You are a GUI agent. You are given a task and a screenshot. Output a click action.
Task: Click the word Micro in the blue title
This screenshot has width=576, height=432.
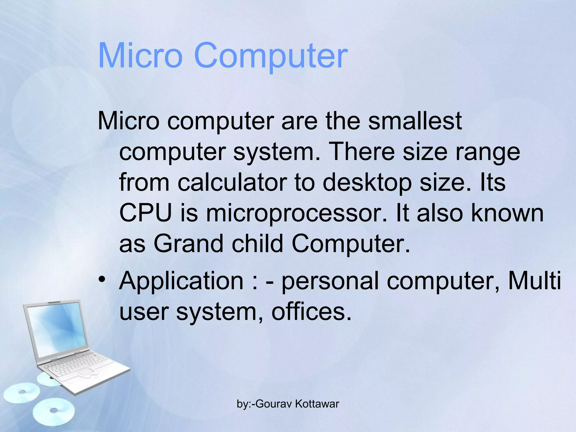pos(140,55)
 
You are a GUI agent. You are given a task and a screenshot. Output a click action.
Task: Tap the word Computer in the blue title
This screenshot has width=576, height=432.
pos(271,55)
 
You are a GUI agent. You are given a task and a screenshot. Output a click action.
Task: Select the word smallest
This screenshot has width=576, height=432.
pos(415,121)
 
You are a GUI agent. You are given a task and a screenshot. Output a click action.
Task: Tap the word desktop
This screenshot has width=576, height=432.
pos(367,183)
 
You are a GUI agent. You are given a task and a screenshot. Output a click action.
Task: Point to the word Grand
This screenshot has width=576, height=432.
pos(188,244)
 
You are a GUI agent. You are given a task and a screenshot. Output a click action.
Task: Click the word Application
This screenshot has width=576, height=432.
pos(181,281)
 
